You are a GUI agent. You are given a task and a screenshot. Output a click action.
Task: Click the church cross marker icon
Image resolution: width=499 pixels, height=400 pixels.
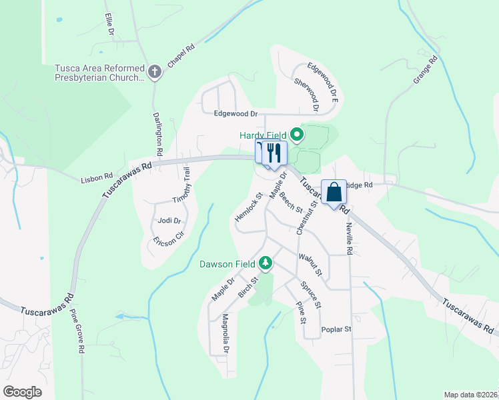tap(155, 72)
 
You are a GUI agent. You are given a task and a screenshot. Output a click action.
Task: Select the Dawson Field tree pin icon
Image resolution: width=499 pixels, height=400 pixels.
tap(266, 263)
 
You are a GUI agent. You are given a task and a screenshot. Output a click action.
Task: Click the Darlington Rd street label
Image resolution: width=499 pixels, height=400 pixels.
tap(158, 133)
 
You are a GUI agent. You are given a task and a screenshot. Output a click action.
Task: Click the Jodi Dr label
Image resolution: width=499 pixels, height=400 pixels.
tap(165, 221)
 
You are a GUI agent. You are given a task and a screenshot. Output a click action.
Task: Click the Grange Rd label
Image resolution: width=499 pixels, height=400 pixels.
tap(424, 70)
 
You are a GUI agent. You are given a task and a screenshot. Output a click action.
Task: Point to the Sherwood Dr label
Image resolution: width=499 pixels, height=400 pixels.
tap(307, 94)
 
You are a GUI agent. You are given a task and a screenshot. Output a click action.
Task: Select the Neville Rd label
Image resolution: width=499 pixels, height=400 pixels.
tap(348, 238)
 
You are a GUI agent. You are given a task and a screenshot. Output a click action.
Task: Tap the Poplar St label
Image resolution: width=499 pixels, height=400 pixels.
tap(336, 329)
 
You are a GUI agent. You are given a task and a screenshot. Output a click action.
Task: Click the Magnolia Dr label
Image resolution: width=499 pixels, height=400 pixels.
tap(225, 333)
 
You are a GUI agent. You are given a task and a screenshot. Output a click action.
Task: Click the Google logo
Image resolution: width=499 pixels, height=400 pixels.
tap(22, 391)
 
